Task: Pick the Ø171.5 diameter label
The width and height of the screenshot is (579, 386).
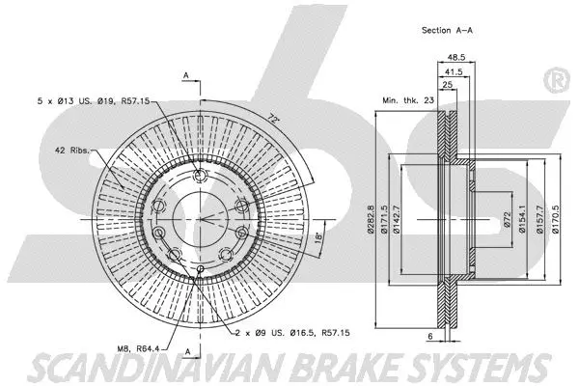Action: (x=383, y=218)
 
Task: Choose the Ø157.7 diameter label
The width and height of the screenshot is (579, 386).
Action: (x=538, y=218)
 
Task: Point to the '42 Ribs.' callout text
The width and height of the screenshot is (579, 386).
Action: (x=61, y=151)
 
